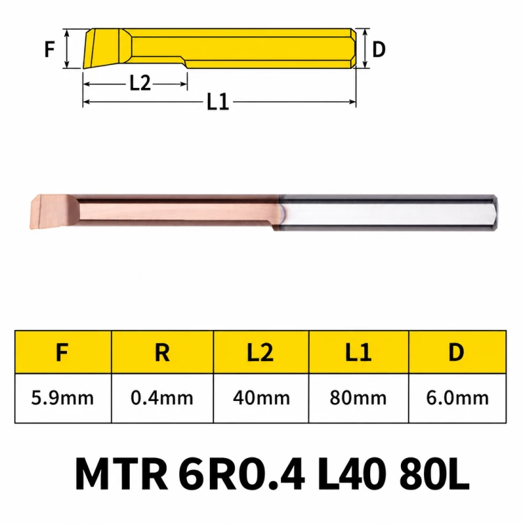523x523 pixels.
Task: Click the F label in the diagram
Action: coord(50,49)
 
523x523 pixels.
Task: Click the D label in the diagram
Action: coord(379,50)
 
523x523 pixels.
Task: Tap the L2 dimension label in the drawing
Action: coord(140,83)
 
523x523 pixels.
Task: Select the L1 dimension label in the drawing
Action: coord(218,102)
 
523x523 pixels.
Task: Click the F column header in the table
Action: coord(62,352)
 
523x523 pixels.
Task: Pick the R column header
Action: coord(162,352)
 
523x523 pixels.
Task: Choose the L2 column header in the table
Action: coord(260,352)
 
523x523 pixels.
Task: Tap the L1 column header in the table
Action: coord(358,352)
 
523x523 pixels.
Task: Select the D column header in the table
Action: coord(456,352)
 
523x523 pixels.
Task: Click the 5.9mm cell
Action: coord(62,397)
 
